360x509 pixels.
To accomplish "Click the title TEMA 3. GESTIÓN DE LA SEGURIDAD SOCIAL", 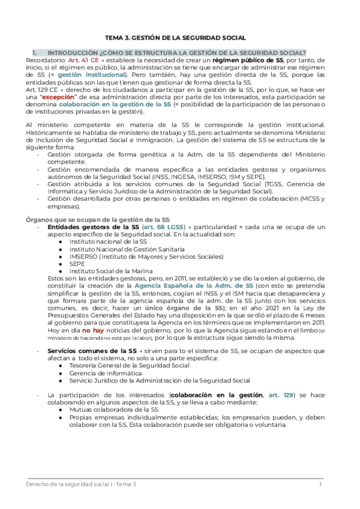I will tap(179, 37).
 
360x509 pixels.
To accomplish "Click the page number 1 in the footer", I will tap(320, 484).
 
